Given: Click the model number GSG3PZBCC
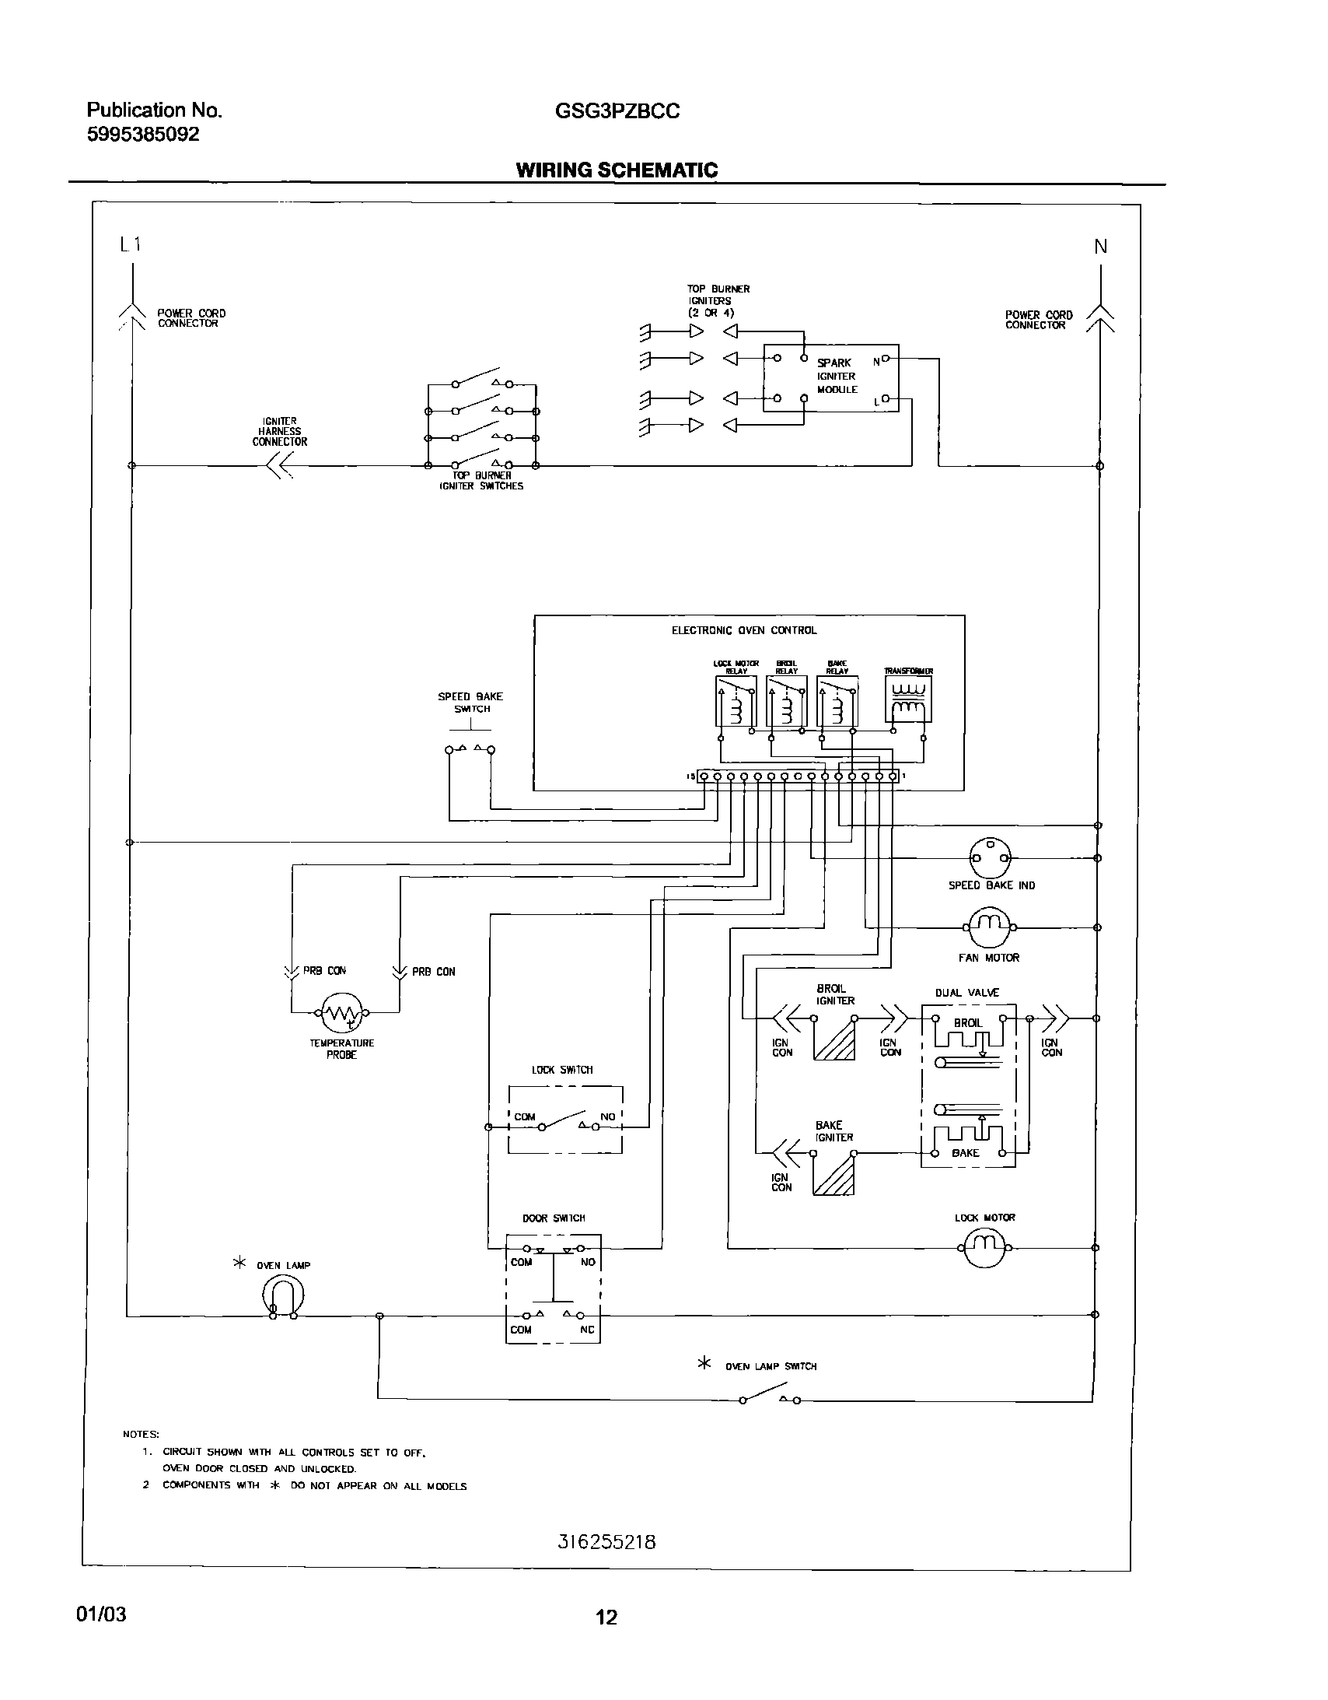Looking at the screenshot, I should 617,111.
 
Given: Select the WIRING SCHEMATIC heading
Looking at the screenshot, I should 616,170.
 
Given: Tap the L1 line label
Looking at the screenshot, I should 130,244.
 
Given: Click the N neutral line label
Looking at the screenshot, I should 1100,247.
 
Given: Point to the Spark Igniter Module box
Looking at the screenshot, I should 831,377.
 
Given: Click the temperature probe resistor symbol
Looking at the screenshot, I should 341,1013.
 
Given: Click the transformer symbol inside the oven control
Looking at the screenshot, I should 908,699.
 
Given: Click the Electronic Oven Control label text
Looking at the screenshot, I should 744,630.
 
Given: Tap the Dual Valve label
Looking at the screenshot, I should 966,993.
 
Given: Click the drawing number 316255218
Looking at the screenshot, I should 606,1542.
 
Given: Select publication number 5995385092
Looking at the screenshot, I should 143,135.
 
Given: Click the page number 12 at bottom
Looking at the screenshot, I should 606,1618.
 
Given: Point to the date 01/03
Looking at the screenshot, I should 101,1614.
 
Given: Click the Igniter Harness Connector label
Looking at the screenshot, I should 279,431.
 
